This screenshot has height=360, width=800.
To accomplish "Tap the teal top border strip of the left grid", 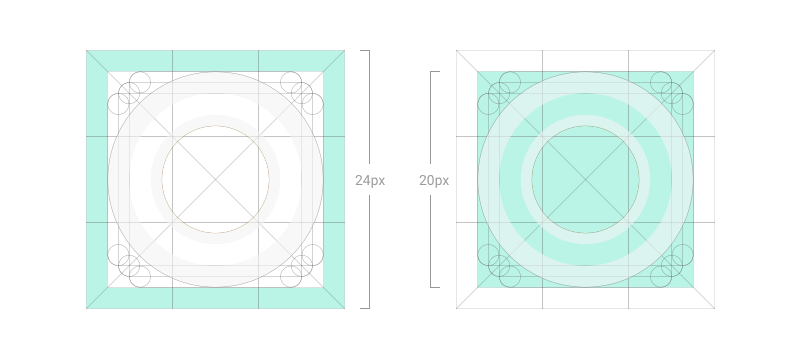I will point(215,60).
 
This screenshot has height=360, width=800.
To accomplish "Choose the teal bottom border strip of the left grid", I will point(215,298).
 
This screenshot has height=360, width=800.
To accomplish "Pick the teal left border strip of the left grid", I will point(97,179).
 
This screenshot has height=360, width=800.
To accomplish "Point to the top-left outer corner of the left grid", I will point(87,50).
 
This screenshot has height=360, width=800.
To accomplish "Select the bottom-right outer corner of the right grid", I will point(714,308).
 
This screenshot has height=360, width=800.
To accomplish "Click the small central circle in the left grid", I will point(215,179).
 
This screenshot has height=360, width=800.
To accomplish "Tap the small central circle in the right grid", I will point(585,179).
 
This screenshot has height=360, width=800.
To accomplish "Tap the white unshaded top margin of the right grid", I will point(585,60).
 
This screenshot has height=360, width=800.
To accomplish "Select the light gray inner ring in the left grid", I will point(215,121).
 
